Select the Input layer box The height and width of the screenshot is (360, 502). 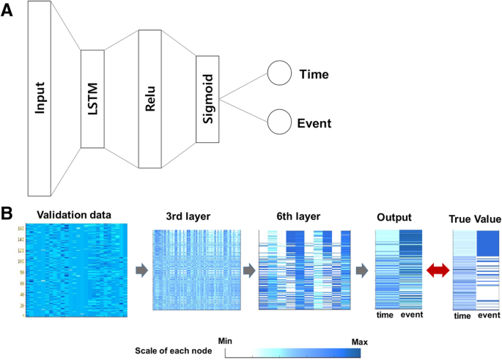pyautogui.click(x=40, y=99)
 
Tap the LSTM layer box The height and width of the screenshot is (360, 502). pyautogui.click(x=92, y=99)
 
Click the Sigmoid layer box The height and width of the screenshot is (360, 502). pyautogui.click(x=207, y=99)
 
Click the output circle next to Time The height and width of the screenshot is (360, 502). pyautogui.click(x=278, y=74)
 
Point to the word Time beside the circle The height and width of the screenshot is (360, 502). pyautogui.click(x=314, y=74)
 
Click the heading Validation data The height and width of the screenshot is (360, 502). pyautogui.click(x=75, y=216)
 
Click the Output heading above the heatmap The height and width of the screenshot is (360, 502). pyautogui.click(x=395, y=218)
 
